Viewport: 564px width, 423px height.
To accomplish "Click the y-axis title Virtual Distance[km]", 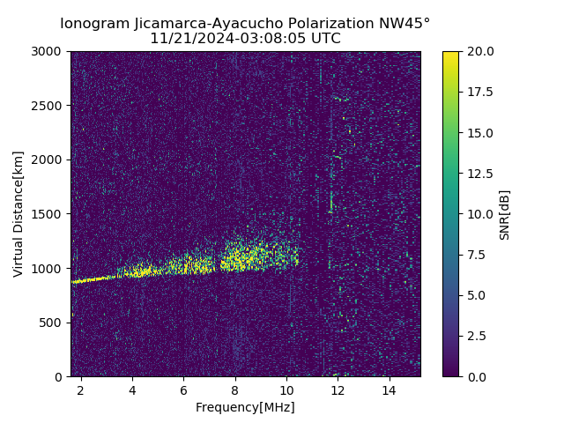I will click(19, 213).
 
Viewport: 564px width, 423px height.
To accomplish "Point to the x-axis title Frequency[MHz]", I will click(245, 407).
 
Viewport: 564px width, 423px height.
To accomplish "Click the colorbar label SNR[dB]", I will click(505, 214).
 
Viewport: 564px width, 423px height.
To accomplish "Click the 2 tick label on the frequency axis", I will click(81, 390).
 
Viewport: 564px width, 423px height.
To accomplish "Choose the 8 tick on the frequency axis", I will click(235, 390).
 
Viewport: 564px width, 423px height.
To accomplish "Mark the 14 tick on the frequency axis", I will click(390, 390).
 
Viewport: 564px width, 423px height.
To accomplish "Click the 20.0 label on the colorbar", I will click(479, 51).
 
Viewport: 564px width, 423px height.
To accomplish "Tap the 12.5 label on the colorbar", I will click(479, 174).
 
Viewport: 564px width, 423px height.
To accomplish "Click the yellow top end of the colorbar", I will click(450, 55).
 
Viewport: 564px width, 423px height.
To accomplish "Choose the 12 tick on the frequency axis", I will click(338, 390).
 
